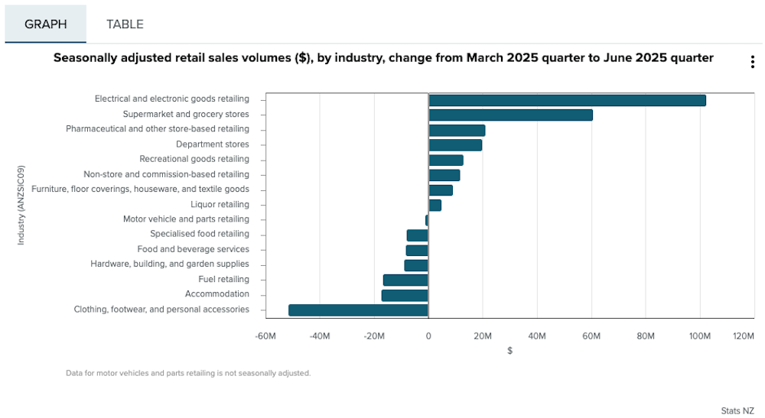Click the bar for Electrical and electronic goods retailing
567,100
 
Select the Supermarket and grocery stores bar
510,115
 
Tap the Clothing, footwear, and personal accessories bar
358,310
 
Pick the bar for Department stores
455,145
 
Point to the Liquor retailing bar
435,206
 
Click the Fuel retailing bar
405,280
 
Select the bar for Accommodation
405,295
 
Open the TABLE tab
125,24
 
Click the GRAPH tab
46,24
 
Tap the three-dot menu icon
753,62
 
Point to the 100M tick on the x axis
700,336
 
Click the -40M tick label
319,336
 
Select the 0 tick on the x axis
428,336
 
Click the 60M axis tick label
591,336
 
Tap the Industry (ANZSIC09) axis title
21,205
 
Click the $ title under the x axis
509,351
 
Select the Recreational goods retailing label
194,160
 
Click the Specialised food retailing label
200,235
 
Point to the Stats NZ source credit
737,411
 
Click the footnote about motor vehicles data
188,374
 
